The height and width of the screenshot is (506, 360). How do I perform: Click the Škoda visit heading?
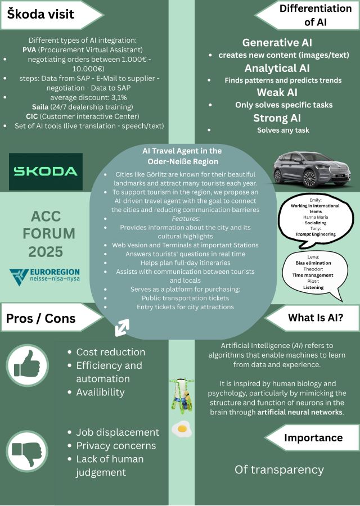[40, 14]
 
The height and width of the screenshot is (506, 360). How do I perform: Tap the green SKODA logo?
[46, 171]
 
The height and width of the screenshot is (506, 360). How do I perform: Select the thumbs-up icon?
[28, 366]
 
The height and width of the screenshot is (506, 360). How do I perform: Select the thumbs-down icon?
[28, 451]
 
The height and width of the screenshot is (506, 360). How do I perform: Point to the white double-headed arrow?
[122, 328]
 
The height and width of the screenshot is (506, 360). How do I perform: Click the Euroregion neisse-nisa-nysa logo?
[45, 275]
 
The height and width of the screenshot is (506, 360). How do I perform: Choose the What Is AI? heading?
[316, 318]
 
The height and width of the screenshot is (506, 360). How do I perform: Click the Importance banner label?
[313, 437]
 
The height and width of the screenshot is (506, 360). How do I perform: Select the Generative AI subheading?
[277, 43]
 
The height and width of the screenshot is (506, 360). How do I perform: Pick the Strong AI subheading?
[277, 118]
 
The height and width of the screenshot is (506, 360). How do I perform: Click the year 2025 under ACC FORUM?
[45, 250]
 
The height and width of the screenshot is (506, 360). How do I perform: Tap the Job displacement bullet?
[118, 432]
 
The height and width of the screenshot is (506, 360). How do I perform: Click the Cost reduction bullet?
[111, 352]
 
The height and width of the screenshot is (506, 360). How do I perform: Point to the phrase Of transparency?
[279, 469]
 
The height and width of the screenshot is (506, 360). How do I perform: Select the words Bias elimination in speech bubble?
[313, 263]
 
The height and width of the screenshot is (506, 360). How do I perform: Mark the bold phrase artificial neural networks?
[300, 412]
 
